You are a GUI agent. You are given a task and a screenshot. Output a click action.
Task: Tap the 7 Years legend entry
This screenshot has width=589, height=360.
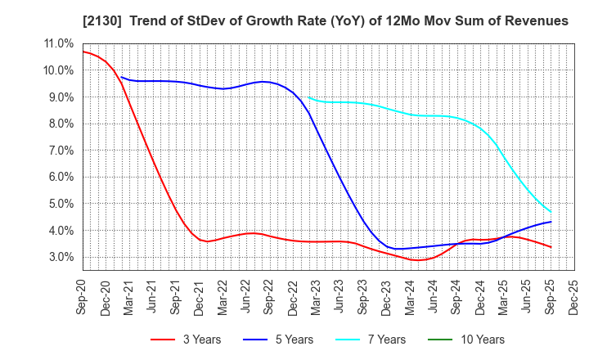[379, 340]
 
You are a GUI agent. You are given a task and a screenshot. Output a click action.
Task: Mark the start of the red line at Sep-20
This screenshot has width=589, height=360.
[83, 52]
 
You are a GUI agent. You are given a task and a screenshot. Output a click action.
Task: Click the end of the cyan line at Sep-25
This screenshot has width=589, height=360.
[550, 212]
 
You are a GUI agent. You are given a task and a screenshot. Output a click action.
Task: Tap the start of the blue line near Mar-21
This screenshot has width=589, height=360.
[121, 77]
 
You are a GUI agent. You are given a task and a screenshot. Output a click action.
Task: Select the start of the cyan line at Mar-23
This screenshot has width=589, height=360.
[309, 98]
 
